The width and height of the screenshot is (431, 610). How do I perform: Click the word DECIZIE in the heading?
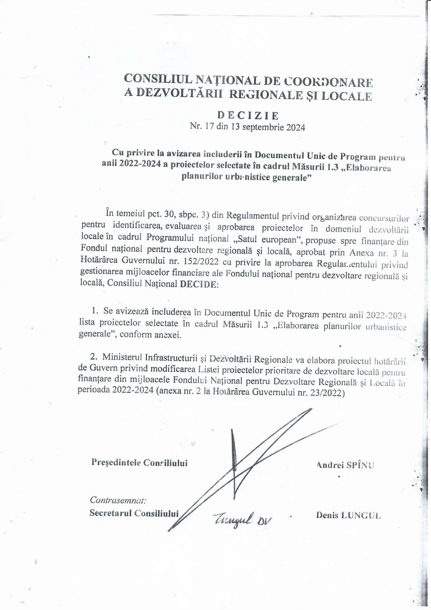tap(248, 115)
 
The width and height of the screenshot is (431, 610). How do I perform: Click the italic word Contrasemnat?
tap(118, 499)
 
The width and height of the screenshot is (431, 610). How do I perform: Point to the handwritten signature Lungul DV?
tap(242, 520)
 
